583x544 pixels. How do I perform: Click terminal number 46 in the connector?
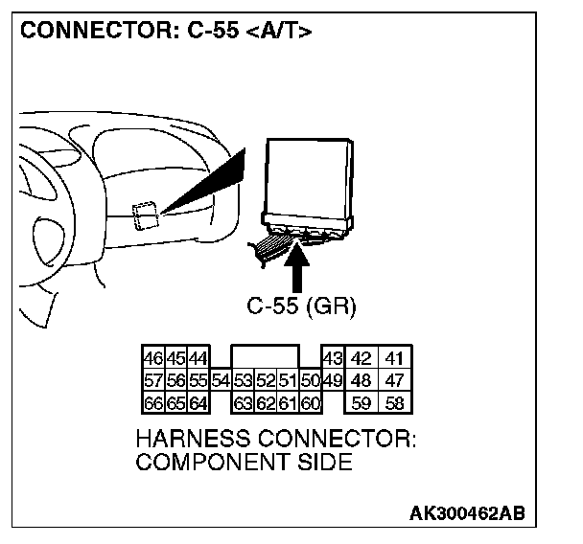[151, 359]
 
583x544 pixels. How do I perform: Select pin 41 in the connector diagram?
[392, 359]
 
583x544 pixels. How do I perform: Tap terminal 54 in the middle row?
[221, 381]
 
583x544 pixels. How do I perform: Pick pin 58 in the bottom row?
[392, 403]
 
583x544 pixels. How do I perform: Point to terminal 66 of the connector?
[151, 403]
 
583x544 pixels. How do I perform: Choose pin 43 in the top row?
[332, 359]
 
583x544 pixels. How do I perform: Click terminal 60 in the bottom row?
[309, 403]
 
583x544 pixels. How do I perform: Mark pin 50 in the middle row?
[309, 381]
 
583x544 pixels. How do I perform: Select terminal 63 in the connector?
[243, 403]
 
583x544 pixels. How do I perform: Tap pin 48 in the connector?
[361, 381]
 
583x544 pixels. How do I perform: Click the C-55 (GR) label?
[301, 307]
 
